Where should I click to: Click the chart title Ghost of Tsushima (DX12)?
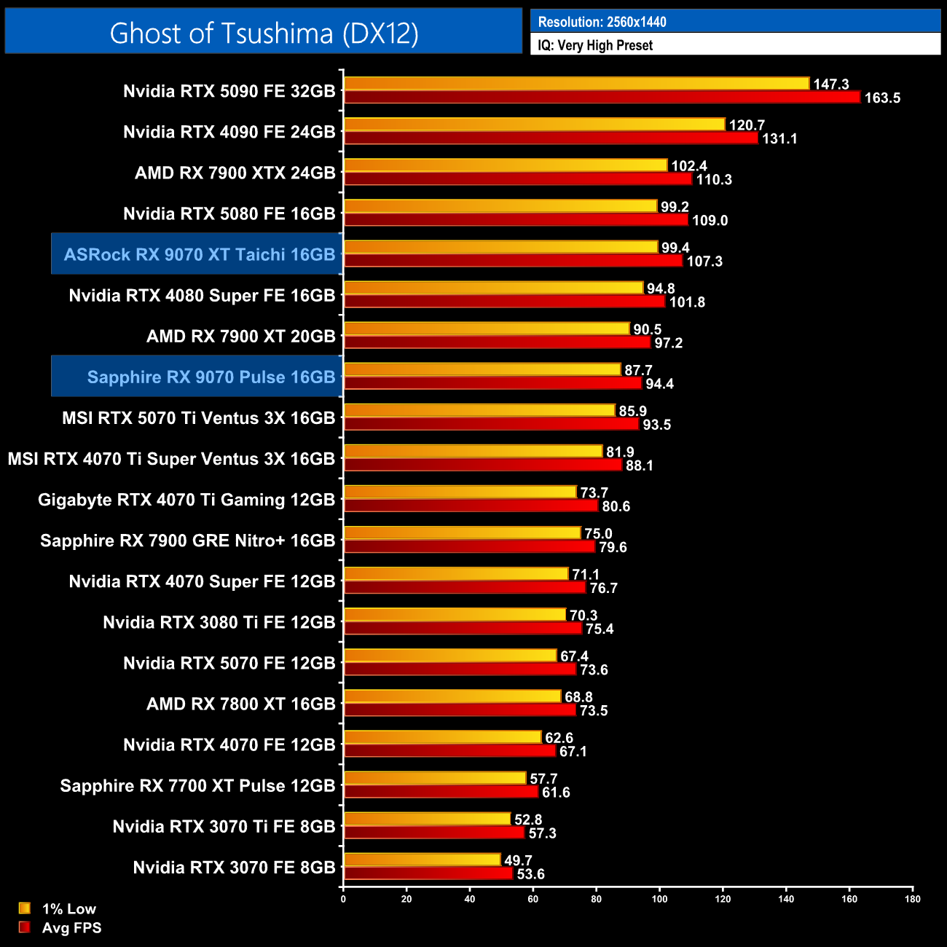(264, 33)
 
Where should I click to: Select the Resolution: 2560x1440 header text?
(602, 22)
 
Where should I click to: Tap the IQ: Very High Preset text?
(595, 45)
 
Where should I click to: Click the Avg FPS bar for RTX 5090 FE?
(602, 97)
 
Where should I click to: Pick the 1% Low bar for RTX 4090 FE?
(535, 125)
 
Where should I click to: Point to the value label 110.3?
(714, 179)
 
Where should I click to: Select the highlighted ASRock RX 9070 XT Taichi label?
(199, 254)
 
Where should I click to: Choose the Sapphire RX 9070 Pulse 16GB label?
(211, 377)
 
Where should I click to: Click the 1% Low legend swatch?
(25, 908)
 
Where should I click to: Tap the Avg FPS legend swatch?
(25, 927)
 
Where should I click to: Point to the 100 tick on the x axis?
(659, 898)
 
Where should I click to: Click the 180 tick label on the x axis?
(912, 898)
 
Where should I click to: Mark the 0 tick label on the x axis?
(343, 898)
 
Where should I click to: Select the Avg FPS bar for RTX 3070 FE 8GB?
(428, 873)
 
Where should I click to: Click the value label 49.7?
(518, 860)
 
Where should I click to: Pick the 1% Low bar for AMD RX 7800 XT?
(452, 696)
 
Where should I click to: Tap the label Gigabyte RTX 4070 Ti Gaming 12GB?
(186, 500)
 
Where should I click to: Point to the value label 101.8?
(687, 302)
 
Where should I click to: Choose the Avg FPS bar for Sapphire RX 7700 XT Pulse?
(441, 792)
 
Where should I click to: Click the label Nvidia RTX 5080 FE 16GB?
(229, 213)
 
